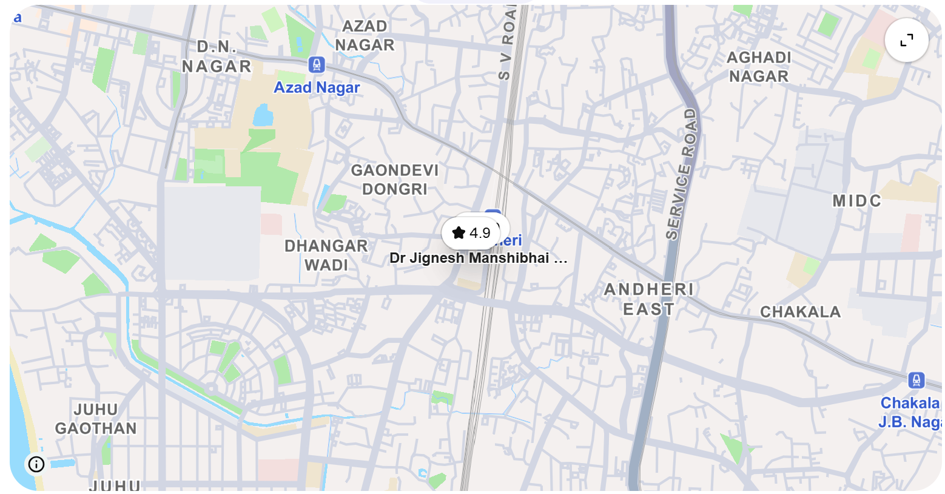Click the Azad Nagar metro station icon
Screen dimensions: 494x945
click(x=316, y=64)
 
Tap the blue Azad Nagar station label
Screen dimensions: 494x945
click(x=317, y=87)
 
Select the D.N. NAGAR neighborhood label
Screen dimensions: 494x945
click(x=217, y=57)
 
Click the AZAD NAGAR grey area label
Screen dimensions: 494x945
click(x=365, y=36)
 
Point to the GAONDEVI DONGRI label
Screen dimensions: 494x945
click(x=394, y=180)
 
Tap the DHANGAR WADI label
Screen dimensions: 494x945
click(x=326, y=255)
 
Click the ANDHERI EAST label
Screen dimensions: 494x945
click(x=648, y=299)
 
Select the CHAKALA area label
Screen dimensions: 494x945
click(x=800, y=312)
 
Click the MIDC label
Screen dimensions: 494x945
click(x=856, y=201)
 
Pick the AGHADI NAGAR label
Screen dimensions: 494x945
click(x=759, y=67)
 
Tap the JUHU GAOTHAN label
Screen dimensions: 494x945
click(x=96, y=419)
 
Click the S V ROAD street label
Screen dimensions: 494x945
click(x=506, y=42)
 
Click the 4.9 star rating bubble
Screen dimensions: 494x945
click(x=471, y=233)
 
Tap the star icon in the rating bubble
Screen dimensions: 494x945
click(x=459, y=233)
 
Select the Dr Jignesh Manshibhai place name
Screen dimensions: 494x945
click(x=478, y=258)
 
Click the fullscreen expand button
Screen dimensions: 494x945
click(x=906, y=41)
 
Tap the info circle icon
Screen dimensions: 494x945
click(x=36, y=464)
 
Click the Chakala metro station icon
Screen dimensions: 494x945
click(x=916, y=381)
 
